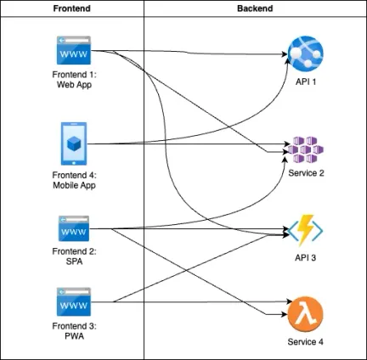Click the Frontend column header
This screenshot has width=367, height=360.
[x=72, y=8]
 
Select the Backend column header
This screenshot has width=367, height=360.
[x=255, y=8]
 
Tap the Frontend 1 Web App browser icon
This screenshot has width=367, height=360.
[x=74, y=50]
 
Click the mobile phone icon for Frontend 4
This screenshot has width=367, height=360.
[x=74, y=143]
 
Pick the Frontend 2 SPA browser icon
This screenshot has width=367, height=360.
[x=74, y=228]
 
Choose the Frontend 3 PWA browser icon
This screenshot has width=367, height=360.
[x=74, y=301]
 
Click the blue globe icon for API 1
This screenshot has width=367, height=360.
[x=306, y=53]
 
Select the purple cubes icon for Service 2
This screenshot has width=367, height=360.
[x=306, y=149]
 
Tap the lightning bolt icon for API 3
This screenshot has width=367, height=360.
[x=305, y=230]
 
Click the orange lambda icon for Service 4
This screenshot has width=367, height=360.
[x=306, y=314]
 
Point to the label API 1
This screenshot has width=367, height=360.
[x=306, y=82]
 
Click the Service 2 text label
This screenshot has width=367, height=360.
[x=306, y=173]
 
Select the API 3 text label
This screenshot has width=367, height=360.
[x=305, y=257]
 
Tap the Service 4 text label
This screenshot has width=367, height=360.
[x=306, y=341]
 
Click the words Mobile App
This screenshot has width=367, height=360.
[x=74, y=185]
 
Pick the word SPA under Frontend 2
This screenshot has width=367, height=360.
[x=74, y=262]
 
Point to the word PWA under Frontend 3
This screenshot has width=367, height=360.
[x=74, y=336]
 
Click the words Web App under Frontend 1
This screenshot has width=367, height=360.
[x=74, y=85]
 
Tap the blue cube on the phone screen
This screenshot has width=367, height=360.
[x=74, y=143]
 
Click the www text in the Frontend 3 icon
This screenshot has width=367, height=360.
[x=74, y=306]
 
